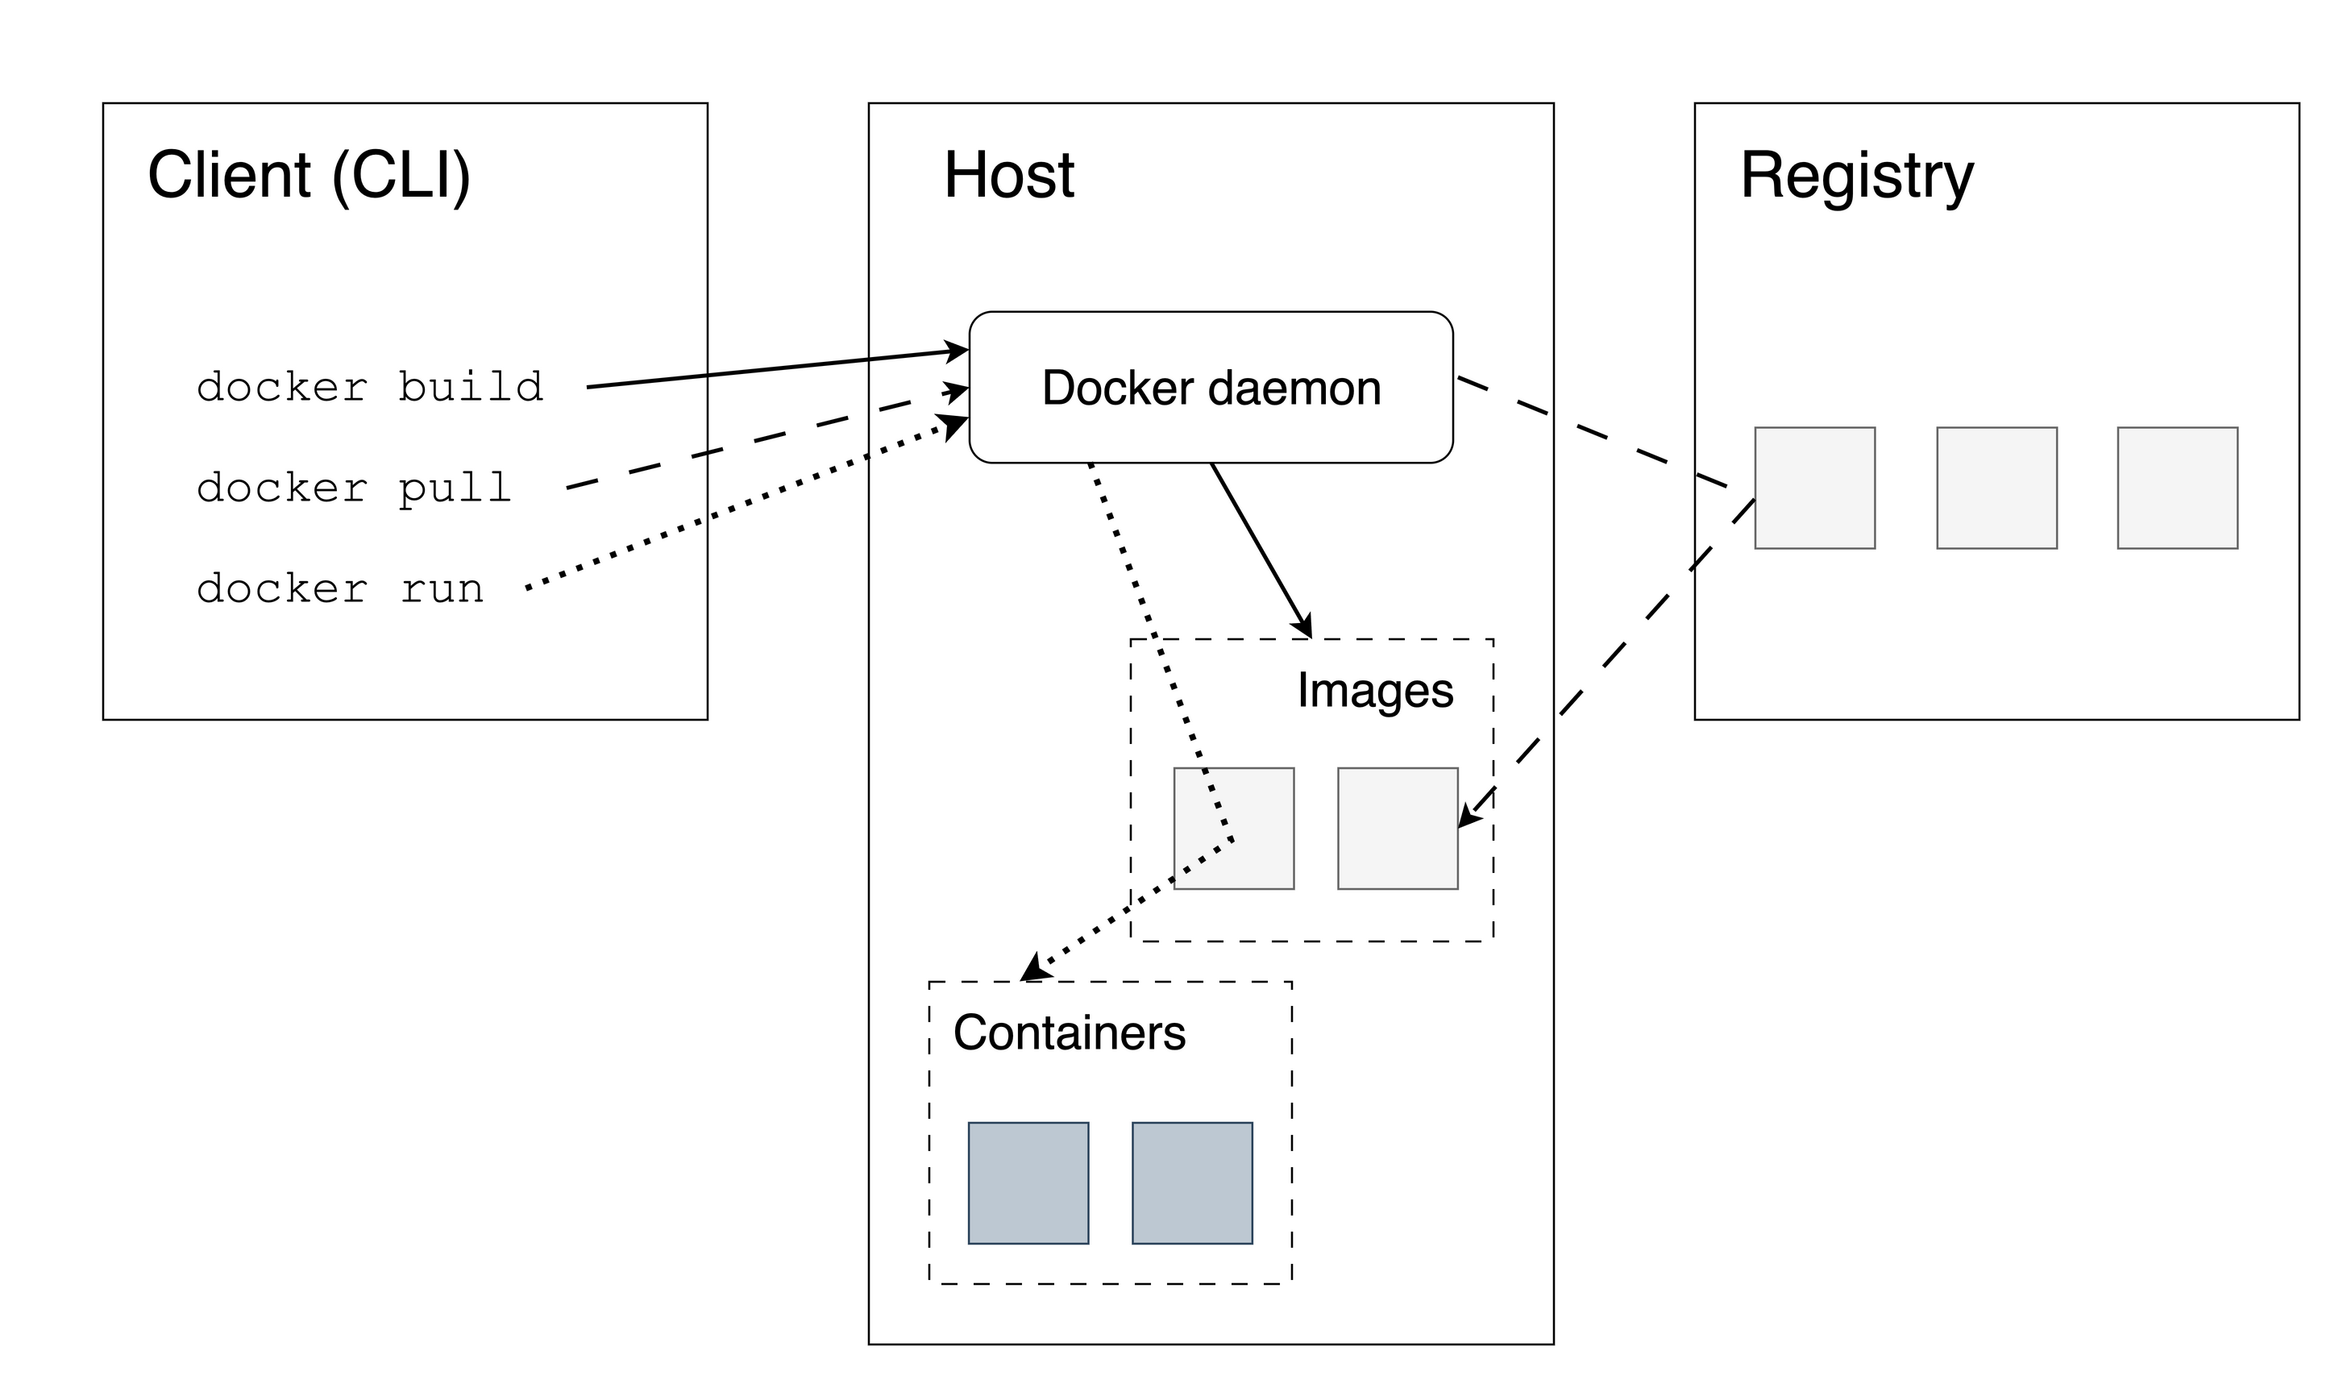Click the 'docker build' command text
pyautogui.click(x=369, y=387)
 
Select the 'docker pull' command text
pyautogui.click(x=353, y=488)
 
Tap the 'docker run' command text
pyautogui.click(x=340, y=589)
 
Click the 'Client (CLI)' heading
pyautogui.click(x=309, y=175)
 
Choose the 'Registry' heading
pyautogui.click(x=1856, y=175)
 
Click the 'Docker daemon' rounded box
pyautogui.click(x=1210, y=387)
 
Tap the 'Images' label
pyautogui.click(x=1374, y=690)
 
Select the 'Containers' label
pyautogui.click(x=1069, y=1033)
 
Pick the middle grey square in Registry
pyautogui.click(x=1996, y=488)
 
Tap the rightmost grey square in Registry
pyautogui.click(x=2177, y=488)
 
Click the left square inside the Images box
pyautogui.click(x=1233, y=829)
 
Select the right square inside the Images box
pyautogui.click(x=1397, y=829)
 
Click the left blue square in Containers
pyautogui.click(x=1028, y=1183)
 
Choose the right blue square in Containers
pyautogui.click(x=1191, y=1183)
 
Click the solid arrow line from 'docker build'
pyautogui.click(x=776, y=368)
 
